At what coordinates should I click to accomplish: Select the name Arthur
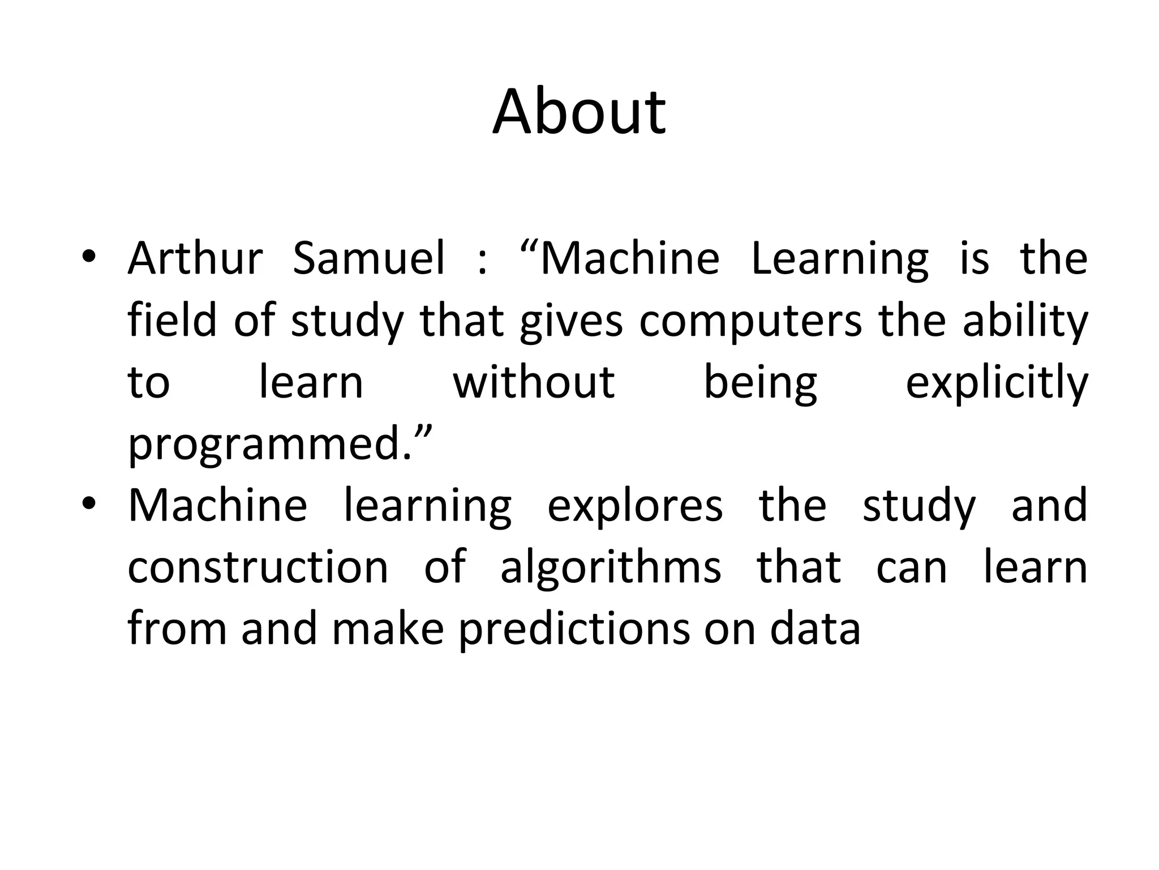pyautogui.click(x=195, y=258)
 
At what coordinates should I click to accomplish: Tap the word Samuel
pyautogui.click(x=369, y=258)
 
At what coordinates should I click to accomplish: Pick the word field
pyautogui.click(x=172, y=320)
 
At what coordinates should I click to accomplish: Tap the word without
pyautogui.click(x=533, y=382)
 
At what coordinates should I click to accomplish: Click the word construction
pyautogui.click(x=258, y=568)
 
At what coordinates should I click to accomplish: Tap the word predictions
pyautogui.click(x=574, y=630)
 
